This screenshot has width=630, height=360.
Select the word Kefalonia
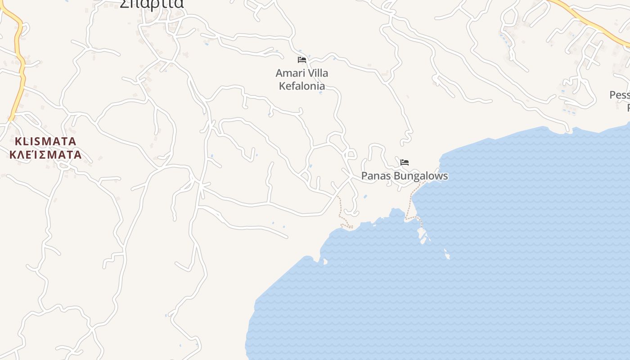(x=302, y=85)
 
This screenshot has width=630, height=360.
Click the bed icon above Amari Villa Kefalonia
(x=302, y=59)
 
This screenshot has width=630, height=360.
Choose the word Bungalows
(x=421, y=176)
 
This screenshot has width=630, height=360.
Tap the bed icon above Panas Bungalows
(x=405, y=162)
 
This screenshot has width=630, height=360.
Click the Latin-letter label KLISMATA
(x=45, y=141)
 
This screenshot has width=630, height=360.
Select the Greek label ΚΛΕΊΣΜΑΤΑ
(x=45, y=155)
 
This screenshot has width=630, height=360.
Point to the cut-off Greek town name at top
(x=152, y=4)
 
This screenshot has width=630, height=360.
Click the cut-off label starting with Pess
(x=619, y=95)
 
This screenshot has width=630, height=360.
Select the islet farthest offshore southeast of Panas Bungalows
(x=447, y=255)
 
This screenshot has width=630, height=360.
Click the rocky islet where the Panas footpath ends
(x=422, y=234)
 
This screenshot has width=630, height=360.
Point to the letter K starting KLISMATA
(x=18, y=141)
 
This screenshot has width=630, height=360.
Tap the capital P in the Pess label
(x=613, y=95)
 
